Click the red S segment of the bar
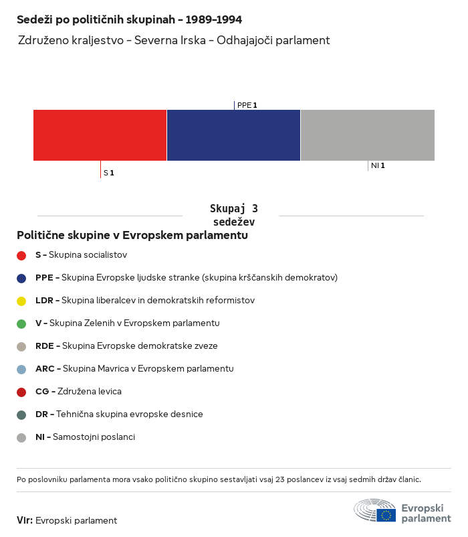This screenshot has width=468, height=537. click(x=100, y=135)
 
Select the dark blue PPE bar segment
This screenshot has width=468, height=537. click(x=233, y=135)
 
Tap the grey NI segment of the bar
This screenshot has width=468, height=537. click(x=368, y=135)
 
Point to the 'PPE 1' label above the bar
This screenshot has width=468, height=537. click(x=247, y=105)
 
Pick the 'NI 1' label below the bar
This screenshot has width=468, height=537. click(x=378, y=165)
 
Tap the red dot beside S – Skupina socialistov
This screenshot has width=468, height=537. click(x=21, y=255)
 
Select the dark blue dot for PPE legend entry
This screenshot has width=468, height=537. click(x=21, y=278)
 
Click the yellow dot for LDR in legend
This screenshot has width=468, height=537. click(x=21, y=301)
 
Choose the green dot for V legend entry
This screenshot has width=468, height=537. click(x=21, y=323)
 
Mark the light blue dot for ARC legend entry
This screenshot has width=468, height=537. click(x=21, y=369)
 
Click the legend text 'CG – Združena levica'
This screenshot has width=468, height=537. click(x=78, y=391)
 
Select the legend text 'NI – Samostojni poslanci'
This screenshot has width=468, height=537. click(x=85, y=437)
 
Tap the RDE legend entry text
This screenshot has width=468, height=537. click(x=126, y=346)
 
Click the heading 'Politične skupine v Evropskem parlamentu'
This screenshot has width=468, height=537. click(x=132, y=236)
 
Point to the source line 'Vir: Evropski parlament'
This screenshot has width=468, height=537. click(x=67, y=520)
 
